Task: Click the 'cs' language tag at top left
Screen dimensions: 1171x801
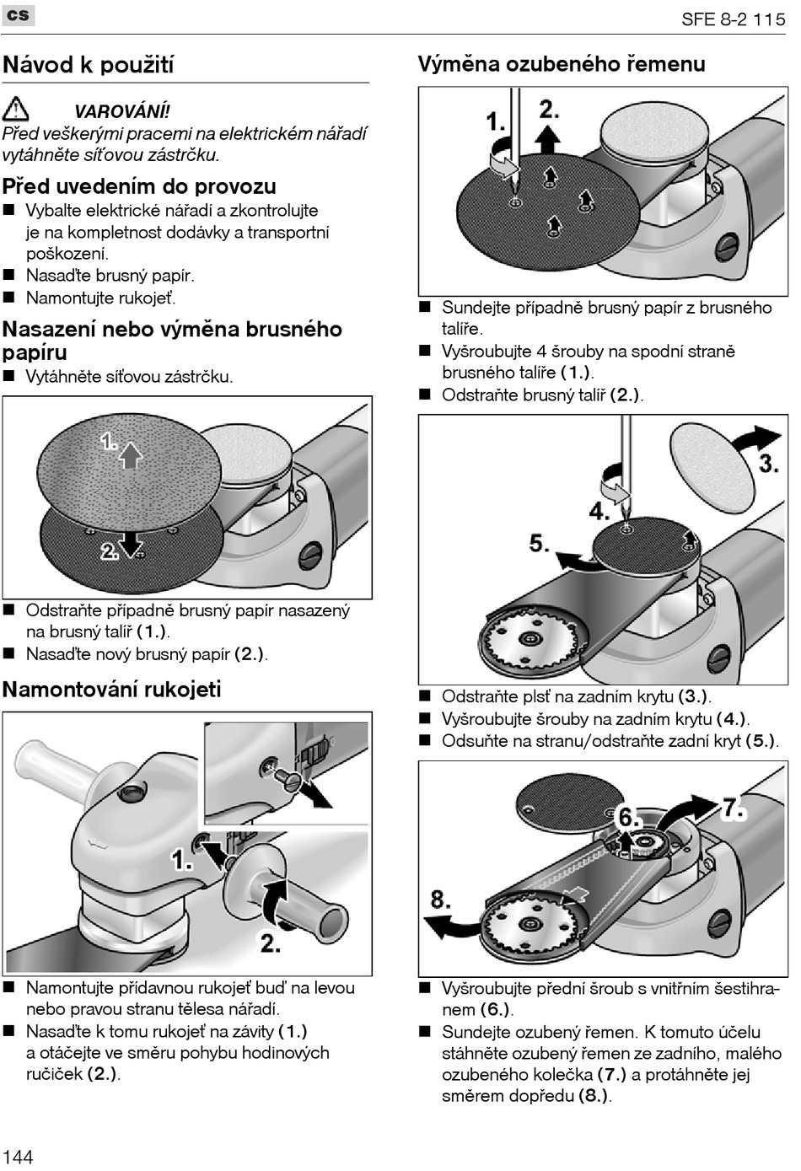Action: tap(18, 15)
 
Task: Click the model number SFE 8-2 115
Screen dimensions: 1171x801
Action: tap(733, 19)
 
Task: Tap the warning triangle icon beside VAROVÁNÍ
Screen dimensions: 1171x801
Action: tap(15, 110)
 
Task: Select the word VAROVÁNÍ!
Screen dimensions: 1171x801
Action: tap(121, 111)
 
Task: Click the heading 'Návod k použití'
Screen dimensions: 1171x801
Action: tap(89, 65)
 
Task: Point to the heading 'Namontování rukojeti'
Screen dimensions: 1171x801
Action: tap(111, 690)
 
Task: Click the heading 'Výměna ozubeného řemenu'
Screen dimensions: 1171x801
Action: tap(562, 64)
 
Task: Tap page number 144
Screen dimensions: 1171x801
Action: tap(18, 1156)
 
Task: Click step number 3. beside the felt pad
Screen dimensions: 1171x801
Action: tap(768, 464)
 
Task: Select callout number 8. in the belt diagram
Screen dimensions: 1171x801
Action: tap(440, 899)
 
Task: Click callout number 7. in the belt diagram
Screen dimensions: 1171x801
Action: tap(734, 809)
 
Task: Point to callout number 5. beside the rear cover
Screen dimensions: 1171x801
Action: tap(540, 542)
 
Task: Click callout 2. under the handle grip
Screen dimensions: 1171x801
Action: tap(270, 943)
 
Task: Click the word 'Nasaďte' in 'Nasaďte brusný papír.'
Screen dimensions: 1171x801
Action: tap(53, 276)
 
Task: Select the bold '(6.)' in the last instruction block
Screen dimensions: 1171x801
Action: tap(497, 1010)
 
